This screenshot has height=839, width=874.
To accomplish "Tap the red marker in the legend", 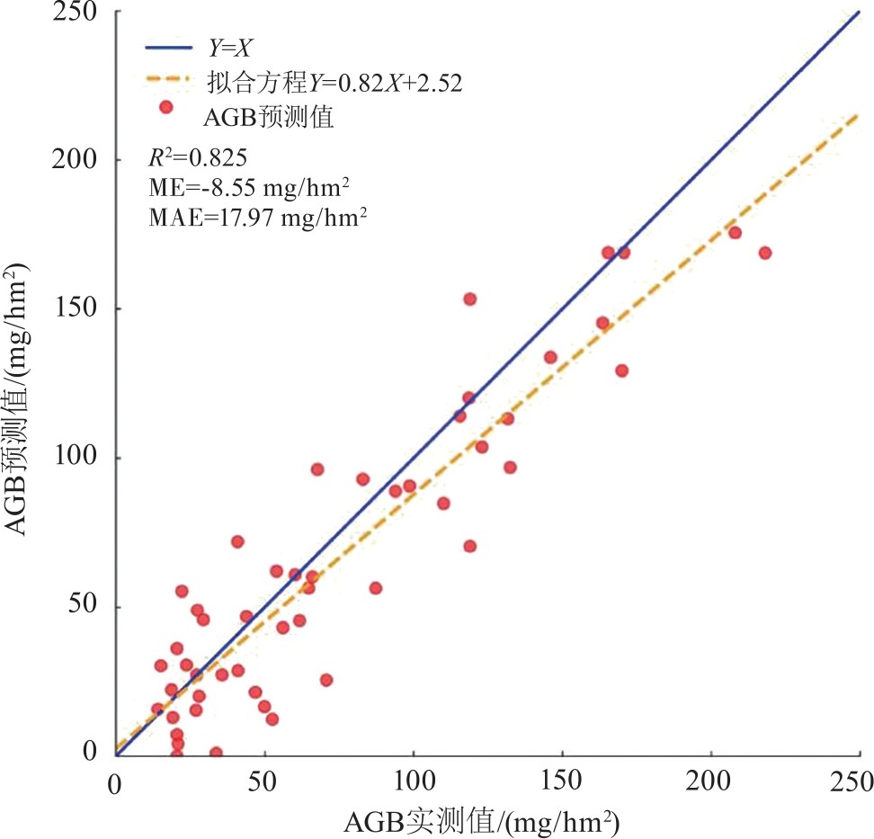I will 165,107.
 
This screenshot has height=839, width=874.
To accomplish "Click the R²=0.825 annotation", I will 192,158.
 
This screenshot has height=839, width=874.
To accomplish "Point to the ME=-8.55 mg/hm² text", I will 249,187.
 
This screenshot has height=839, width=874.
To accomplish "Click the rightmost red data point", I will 765,253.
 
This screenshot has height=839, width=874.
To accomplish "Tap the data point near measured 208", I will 735,233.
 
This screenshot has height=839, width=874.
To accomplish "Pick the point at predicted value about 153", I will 469,299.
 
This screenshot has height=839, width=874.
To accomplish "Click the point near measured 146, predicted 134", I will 550,357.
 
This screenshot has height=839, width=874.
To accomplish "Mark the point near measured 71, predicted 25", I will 326,680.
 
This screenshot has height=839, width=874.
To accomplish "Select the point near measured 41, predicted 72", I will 237,541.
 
